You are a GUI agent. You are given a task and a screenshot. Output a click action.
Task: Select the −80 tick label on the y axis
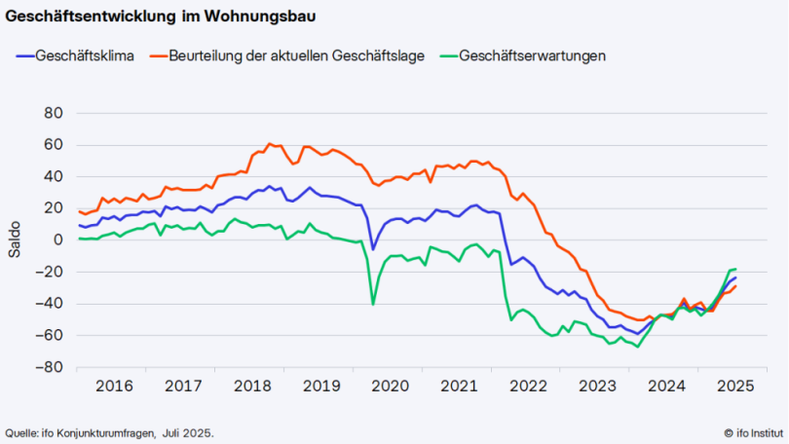pos(49,368)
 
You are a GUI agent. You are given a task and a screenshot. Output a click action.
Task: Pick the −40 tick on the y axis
pos(49,304)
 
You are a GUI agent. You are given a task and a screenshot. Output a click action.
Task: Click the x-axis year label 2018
pos(250,386)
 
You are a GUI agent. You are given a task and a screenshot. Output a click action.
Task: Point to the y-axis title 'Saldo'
pos(15,240)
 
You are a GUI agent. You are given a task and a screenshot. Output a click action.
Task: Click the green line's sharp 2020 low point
pos(373,304)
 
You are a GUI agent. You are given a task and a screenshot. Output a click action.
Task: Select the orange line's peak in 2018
pos(270,144)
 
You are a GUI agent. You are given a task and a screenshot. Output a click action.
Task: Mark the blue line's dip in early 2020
pos(373,249)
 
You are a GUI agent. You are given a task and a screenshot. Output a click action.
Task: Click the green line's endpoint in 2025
pos(735,269)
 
